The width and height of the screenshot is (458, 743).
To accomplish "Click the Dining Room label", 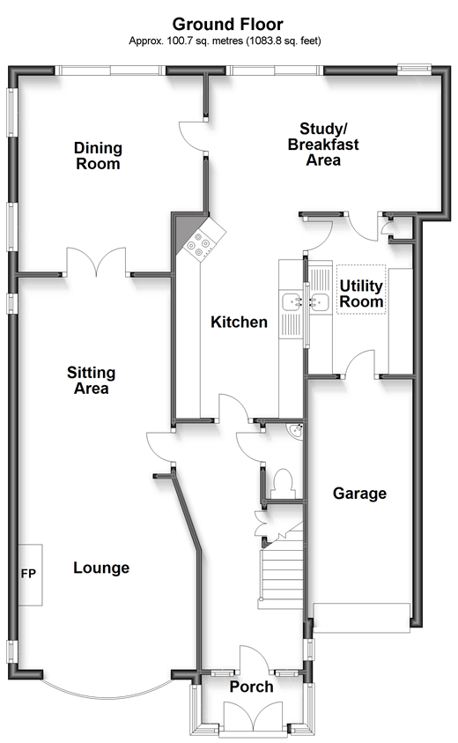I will (x=98, y=156).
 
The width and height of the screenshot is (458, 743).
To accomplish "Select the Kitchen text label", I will (x=239, y=323).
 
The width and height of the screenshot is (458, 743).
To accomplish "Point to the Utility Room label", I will (x=361, y=293).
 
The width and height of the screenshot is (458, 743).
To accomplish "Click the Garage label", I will (x=359, y=494).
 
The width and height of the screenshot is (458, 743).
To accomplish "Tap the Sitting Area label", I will (x=92, y=381).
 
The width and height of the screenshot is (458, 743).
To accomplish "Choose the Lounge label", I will (x=101, y=568).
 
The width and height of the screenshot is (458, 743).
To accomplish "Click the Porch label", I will (x=251, y=687).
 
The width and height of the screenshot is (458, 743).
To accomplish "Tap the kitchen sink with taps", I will (x=292, y=303).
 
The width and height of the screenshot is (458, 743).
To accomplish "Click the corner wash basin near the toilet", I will (x=296, y=432).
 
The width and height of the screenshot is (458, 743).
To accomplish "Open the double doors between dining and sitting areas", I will (x=99, y=264).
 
